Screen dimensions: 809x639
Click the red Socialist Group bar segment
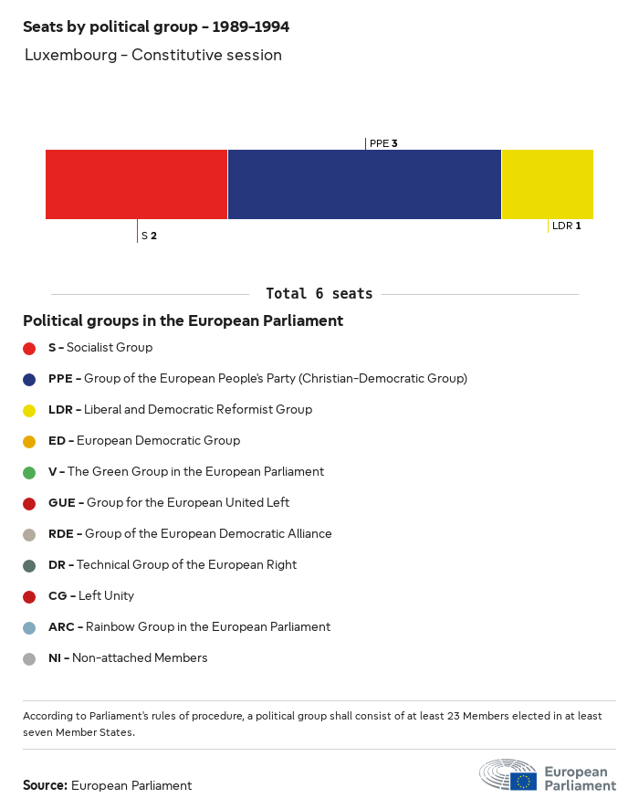[136, 184]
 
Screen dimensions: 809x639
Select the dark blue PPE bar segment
[364, 184]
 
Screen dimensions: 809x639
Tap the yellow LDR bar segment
[547, 184]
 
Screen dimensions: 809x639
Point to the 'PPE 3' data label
[383, 143]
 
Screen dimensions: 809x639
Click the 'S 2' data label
[149, 236]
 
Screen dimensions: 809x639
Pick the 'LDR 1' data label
[566, 226]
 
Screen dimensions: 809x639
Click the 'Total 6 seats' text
[319, 294]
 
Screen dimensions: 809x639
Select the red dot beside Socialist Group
[29, 348]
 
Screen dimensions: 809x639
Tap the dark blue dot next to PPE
[29, 379]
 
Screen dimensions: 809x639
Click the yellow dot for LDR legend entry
[29, 410]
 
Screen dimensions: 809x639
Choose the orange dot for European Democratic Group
[29, 441]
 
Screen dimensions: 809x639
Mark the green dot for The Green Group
[29, 472]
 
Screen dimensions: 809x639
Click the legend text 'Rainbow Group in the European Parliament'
[207, 627]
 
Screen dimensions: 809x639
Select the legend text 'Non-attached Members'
[140, 658]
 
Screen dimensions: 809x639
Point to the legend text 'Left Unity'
[106, 596]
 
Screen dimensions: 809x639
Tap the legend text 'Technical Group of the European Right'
[186, 565]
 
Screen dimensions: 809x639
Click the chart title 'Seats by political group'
[156, 27]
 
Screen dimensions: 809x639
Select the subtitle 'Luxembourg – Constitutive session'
[153, 55]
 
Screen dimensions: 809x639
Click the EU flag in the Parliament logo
[523, 781]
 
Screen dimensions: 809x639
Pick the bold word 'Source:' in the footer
[45, 785]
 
